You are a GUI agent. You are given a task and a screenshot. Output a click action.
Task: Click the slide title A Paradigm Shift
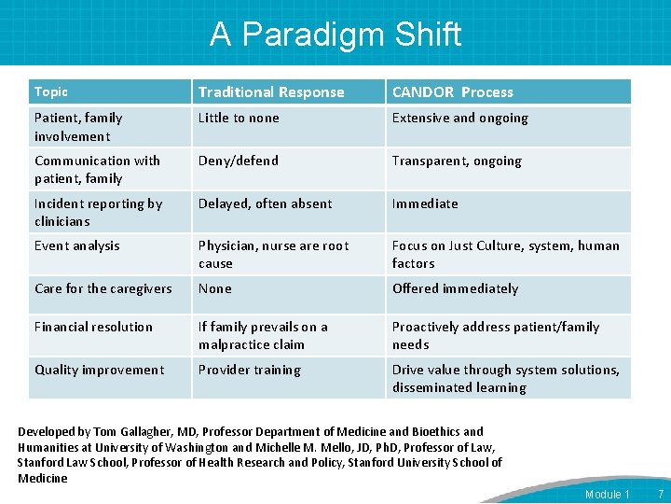tap(335, 35)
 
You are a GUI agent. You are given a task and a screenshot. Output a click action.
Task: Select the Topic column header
tap(51, 91)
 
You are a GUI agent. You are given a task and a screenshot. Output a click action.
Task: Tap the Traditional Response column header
tap(271, 91)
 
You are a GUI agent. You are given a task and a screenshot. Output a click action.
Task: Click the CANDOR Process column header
tap(453, 91)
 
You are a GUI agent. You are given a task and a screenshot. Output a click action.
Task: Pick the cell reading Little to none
tap(239, 119)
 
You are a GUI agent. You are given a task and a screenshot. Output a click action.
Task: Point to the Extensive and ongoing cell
tap(460, 119)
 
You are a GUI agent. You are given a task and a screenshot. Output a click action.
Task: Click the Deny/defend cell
tap(239, 161)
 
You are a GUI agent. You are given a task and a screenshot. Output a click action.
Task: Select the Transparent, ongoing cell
tap(457, 161)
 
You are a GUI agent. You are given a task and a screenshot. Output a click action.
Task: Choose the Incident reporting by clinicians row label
tap(98, 212)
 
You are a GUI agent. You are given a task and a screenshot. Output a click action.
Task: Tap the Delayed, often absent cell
tap(265, 203)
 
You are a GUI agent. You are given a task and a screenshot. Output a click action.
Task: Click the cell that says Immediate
tap(425, 203)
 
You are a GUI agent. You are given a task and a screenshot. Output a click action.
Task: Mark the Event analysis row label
tap(77, 246)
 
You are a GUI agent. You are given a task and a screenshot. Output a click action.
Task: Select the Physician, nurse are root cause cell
tap(273, 255)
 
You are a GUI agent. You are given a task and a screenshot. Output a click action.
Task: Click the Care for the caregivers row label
tap(103, 288)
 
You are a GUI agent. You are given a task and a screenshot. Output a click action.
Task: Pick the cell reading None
tap(214, 288)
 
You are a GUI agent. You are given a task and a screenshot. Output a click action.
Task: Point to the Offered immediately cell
tap(455, 288)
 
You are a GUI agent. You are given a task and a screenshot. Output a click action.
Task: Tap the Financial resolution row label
tap(93, 327)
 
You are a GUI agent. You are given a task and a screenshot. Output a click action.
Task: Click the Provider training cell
tap(250, 370)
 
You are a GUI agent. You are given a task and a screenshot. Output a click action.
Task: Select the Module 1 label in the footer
tap(608, 494)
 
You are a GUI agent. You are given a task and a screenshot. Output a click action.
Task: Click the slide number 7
tap(660, 494)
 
